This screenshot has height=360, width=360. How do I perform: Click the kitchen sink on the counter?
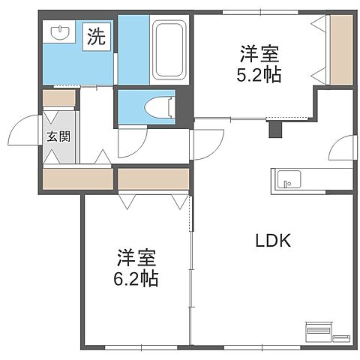tap(289, 180)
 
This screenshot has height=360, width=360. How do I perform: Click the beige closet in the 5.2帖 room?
tap(340, 49)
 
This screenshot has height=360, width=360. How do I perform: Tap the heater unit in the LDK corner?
tap(318, 330)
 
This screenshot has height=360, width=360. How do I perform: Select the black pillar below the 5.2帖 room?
tap(274, 130)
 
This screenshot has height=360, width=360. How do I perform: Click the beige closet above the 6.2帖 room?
tap(153, 178)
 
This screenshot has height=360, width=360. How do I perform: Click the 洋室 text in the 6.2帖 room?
tap(136, 259)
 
